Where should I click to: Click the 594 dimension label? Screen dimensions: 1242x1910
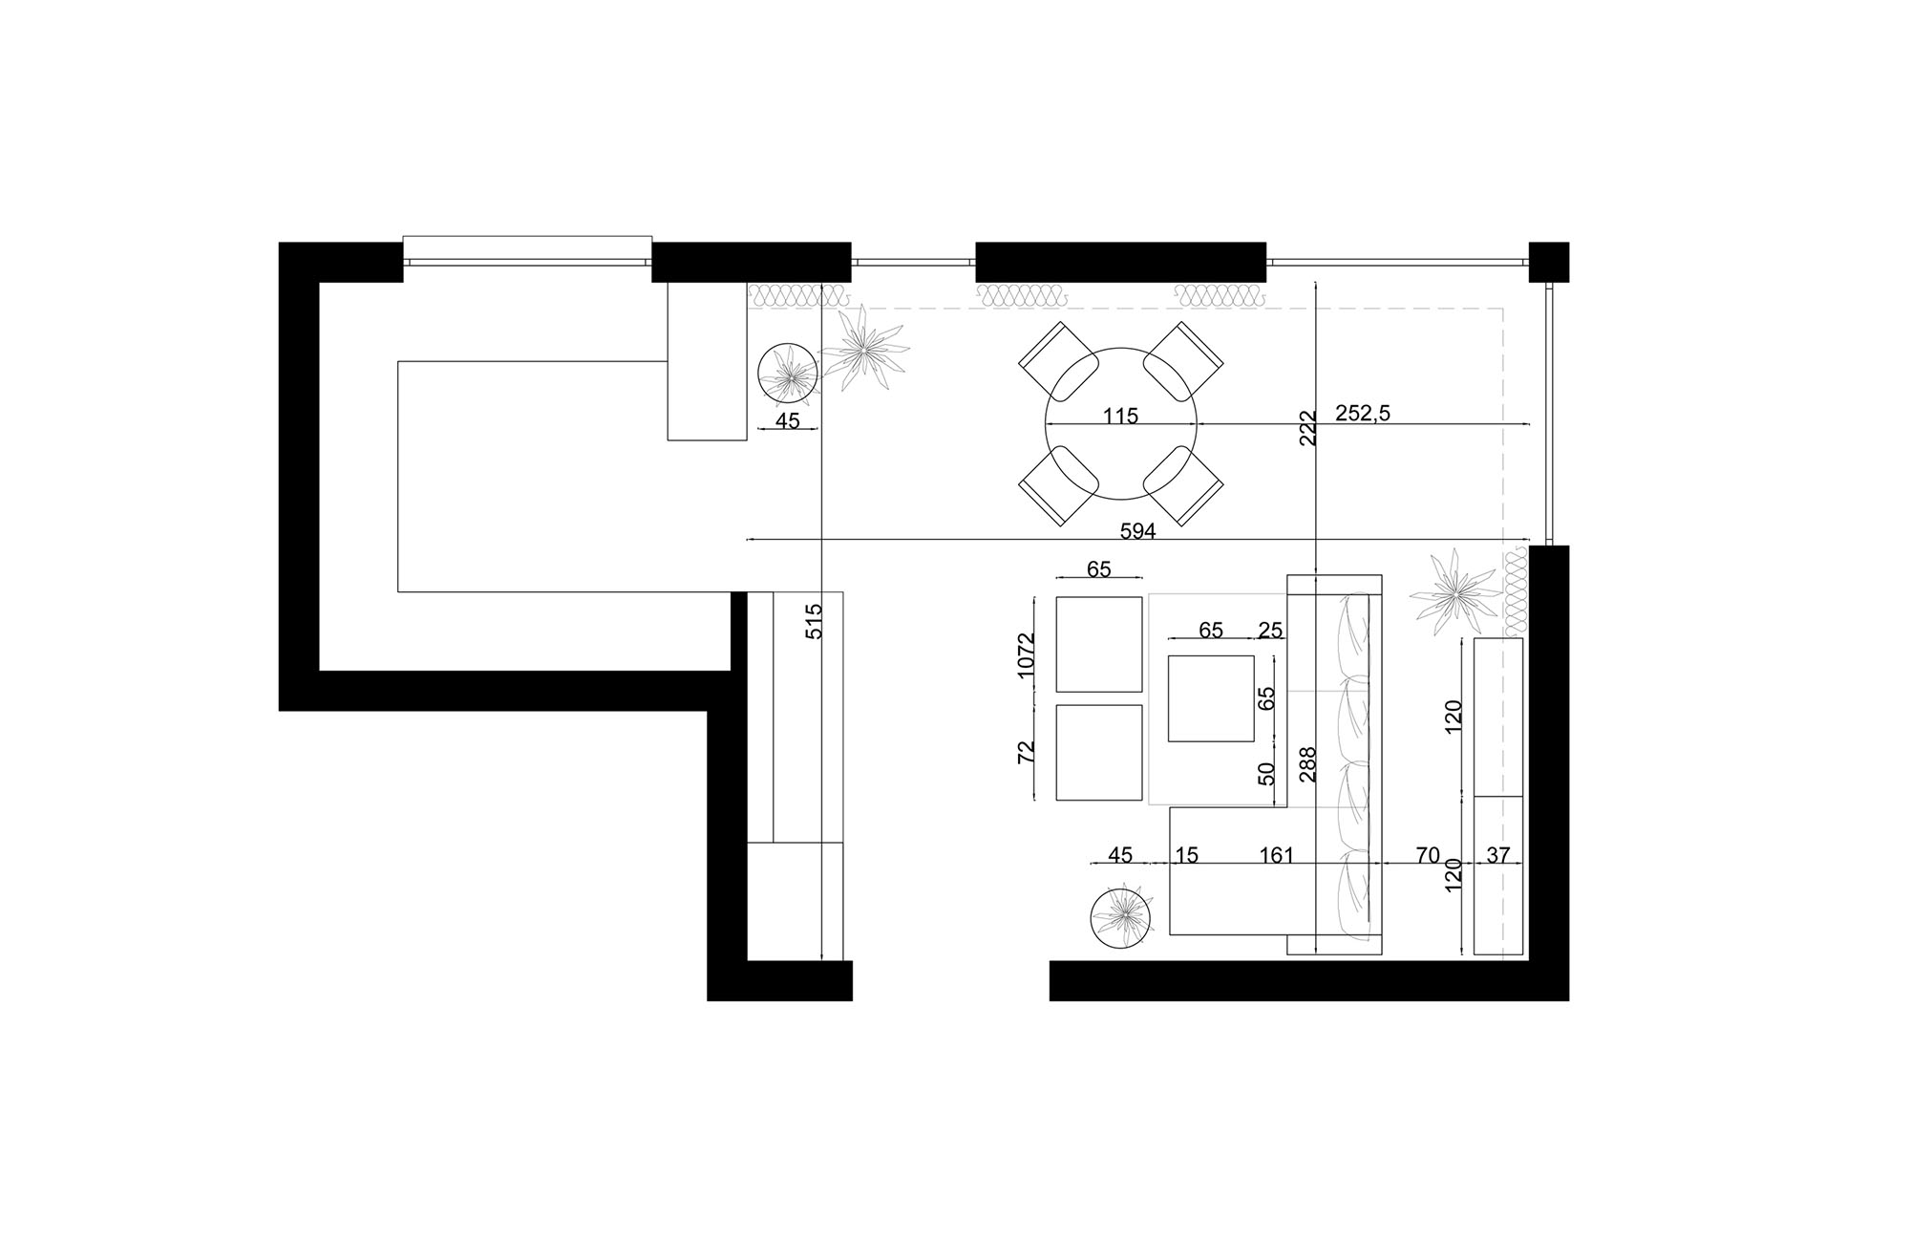coord(1137,532)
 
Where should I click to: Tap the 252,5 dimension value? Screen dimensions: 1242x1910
coord(1363,413)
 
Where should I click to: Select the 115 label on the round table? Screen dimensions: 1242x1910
coord(1120,417)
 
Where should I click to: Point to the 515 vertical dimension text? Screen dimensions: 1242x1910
coord(814,621)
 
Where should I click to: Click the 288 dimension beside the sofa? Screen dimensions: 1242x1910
coord(1308,764)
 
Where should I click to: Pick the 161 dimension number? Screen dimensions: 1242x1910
coord(1276,855)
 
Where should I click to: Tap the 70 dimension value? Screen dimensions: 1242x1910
coord(1427,855)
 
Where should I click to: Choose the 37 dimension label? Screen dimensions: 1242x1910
coord(1498,855)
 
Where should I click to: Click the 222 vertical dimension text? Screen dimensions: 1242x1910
coord(1308,428)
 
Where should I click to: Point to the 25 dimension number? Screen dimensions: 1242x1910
coord(1270,631)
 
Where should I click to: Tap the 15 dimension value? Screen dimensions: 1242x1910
coord(1186,855)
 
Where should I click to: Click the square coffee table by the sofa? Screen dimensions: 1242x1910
coord(1211,698)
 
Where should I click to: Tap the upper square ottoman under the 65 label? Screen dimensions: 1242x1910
coord(1099,644)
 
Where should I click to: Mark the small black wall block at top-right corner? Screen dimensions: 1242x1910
coord(1548,262)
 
